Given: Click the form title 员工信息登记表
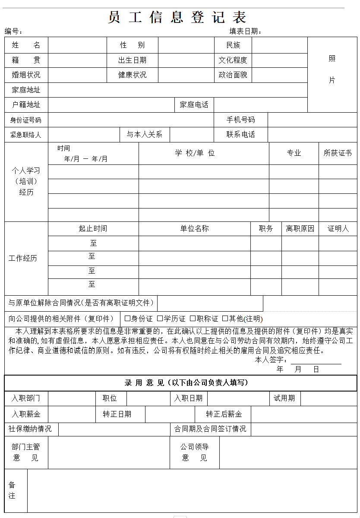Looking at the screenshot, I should (177, 17).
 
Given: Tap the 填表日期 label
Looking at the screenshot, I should (245, 31).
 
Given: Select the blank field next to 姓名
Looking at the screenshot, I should (77, 45).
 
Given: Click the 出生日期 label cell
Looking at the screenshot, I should (132, 60).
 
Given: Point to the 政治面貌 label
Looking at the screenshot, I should (233, 75).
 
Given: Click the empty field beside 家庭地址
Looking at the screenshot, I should (177, 90).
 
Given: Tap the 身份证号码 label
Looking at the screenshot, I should (26, 120).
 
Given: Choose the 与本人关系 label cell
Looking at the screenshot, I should (144, 134).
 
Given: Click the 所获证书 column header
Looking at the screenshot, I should (338, 153).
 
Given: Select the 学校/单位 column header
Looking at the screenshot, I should (195, 153).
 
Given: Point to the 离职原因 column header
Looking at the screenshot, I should (300, 228).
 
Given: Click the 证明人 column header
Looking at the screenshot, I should (338, 228).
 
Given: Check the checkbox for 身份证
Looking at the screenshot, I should (127, 319).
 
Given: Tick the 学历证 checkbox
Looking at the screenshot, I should (160, 319).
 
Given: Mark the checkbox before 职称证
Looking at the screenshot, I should (193, 319).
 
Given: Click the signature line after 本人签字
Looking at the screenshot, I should (316, 361).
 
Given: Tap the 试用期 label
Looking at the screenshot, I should (284, 398).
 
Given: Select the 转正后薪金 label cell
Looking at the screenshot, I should (224, 414).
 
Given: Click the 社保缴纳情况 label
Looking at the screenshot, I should (30, 429).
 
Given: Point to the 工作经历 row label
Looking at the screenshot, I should (23, 258).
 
